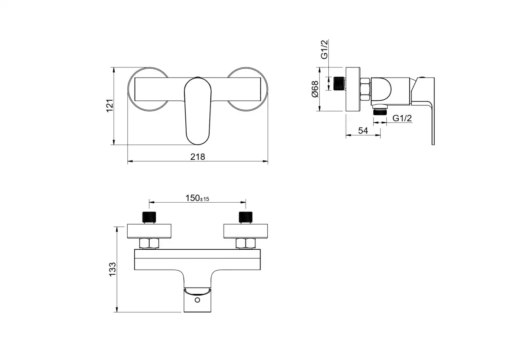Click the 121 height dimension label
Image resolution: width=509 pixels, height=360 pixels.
coord(110,106)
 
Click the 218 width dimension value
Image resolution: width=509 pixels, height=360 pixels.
coord(198,157)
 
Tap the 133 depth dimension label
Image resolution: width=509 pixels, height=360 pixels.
coord(112,269)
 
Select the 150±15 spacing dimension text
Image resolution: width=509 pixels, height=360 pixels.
coord(197,198)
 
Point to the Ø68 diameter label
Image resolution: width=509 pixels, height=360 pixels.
coord(315,89)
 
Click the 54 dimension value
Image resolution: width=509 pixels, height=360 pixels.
coord(363,131)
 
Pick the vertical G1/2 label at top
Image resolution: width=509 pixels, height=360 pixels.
coord(324,49)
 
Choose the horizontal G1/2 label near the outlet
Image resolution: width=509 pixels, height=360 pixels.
coord(402,118)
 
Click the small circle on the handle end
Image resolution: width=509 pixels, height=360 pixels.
coord(198,300)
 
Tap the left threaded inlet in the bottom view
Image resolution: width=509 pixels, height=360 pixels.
coord(149,217)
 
